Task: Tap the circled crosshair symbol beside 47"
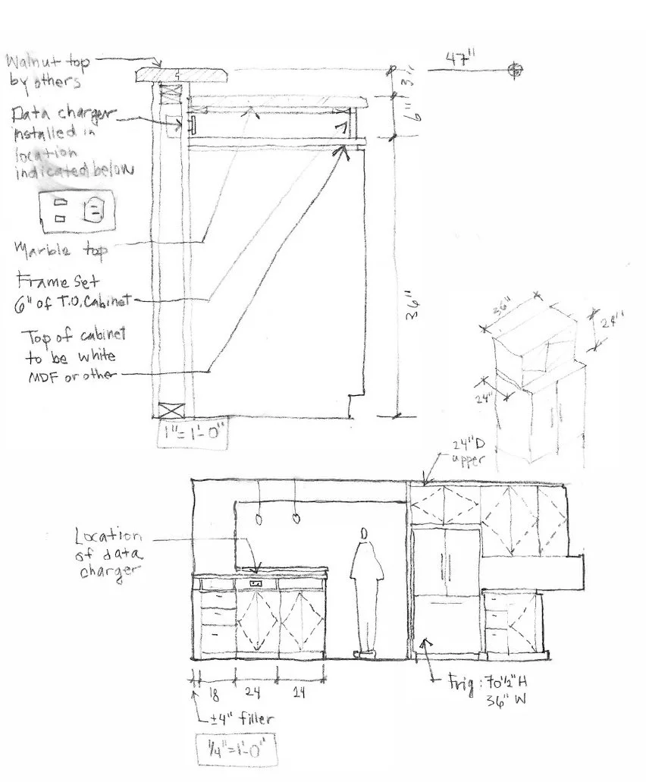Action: tap(516, 70)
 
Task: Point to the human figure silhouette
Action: tap(366, 592)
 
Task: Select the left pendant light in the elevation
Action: tap(259, 520)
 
